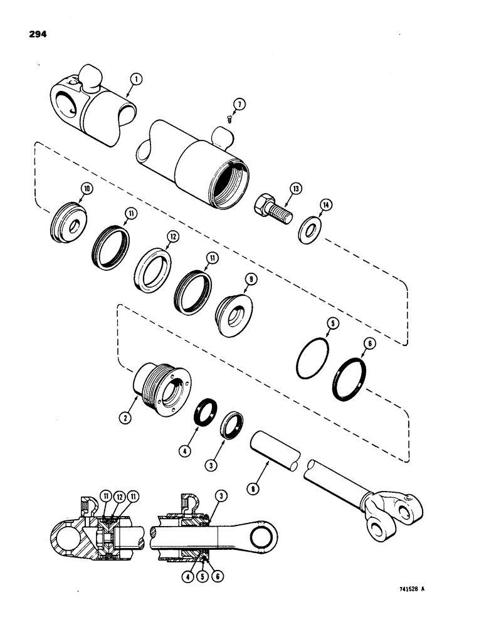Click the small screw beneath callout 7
coord(230,120)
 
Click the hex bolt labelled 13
coord(270,207)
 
